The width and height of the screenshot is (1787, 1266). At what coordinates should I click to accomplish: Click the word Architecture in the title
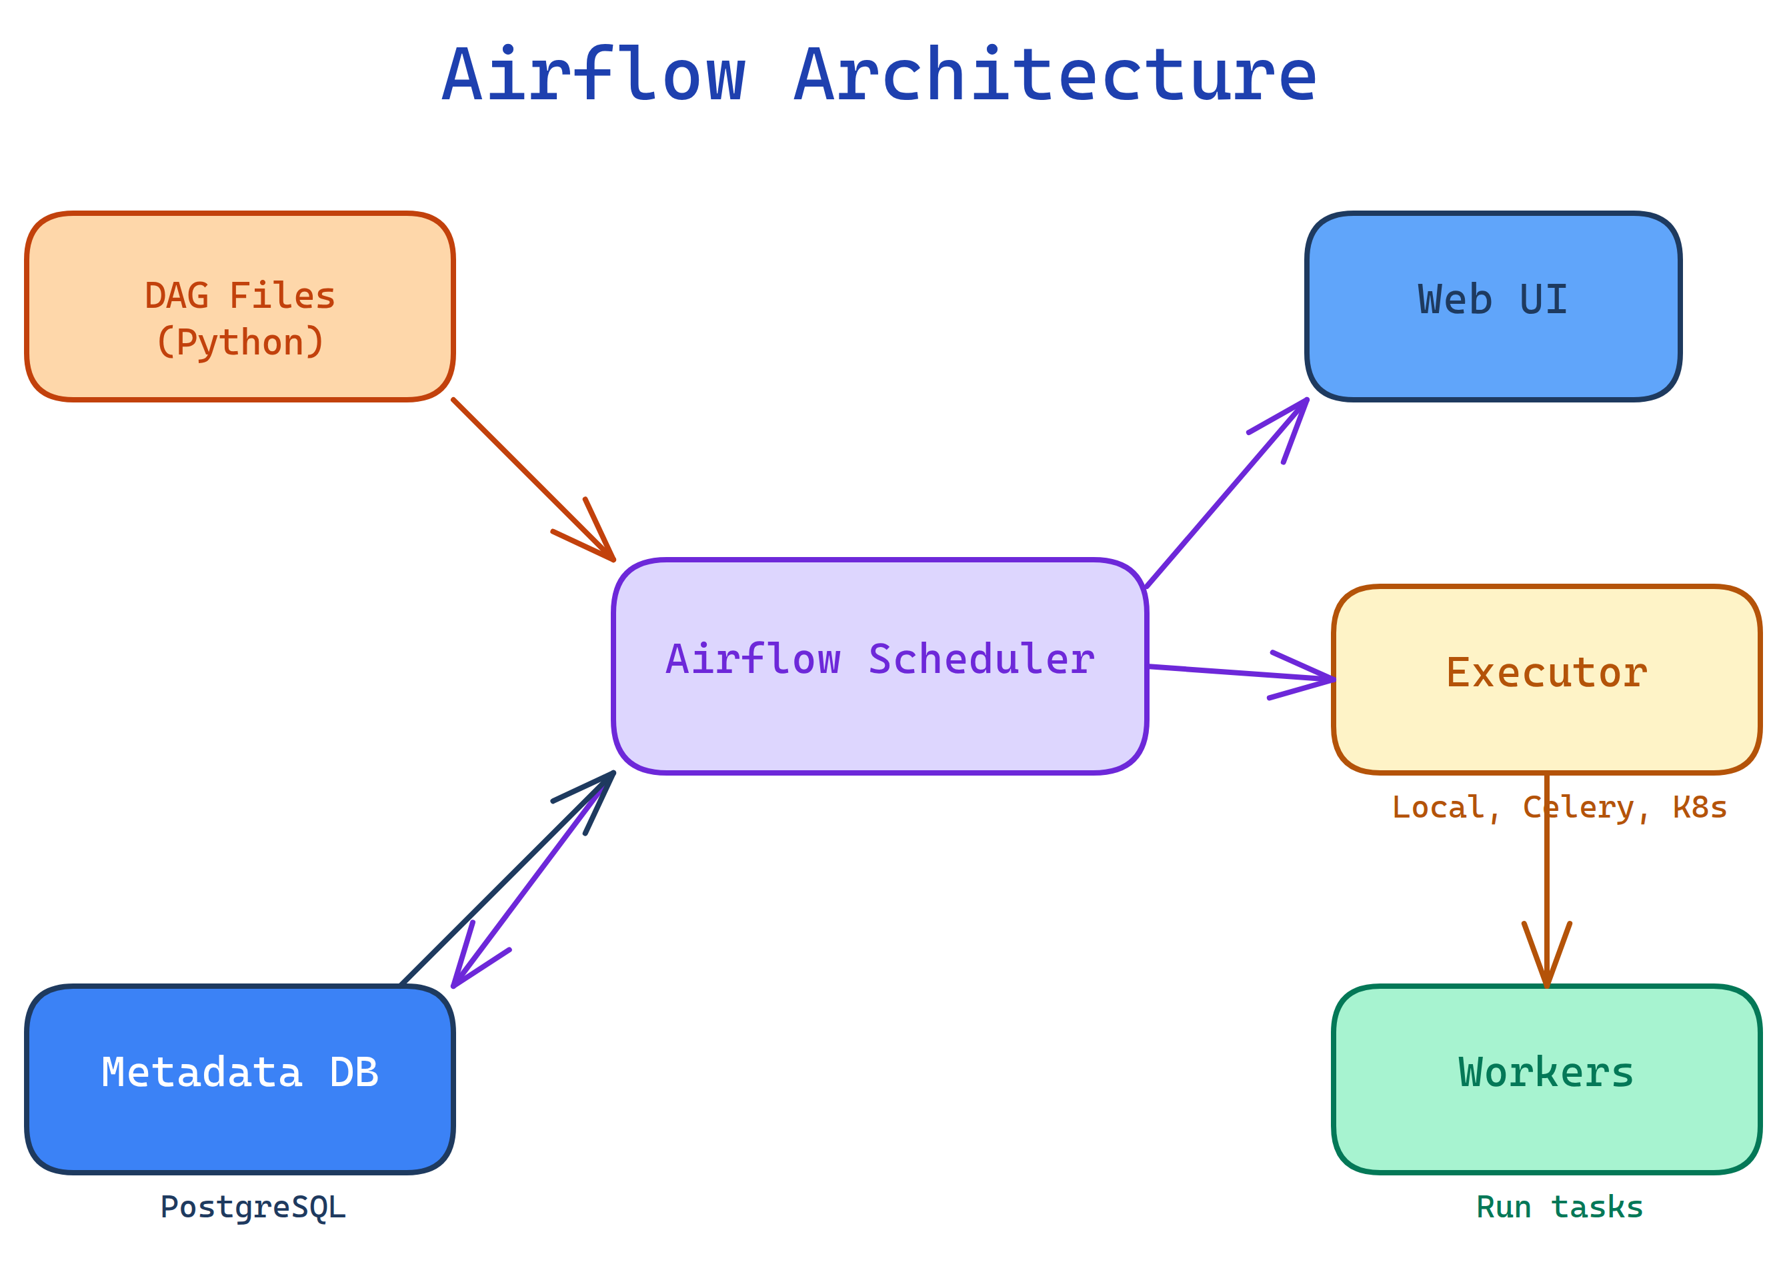[1055, 75]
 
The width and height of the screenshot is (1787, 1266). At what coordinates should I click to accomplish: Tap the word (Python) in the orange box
[239, 342]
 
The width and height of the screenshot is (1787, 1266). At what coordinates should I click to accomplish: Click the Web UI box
[1492, 307]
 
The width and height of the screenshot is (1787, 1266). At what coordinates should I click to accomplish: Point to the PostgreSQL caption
[253, 1207]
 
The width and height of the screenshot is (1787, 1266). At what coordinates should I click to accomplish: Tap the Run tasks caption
[1559, 1207]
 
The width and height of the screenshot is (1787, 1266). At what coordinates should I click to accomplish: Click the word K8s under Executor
[1699, 808]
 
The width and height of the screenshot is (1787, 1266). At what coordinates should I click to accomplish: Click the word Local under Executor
[1438, 808]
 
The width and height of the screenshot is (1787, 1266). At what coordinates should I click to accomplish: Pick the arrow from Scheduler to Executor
[1240, 674]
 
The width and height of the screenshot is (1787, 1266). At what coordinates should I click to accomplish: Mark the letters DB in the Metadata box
[353, 1073]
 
